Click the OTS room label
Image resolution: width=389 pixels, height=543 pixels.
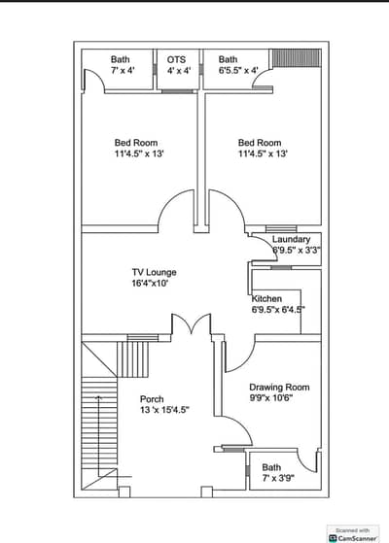point(176,59)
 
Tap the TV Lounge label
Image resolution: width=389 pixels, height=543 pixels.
point(154,272)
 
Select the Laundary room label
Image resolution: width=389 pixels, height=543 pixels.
point(291,239)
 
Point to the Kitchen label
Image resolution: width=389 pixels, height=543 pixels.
point(266,298)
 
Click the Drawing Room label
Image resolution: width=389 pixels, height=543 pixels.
point(279,388)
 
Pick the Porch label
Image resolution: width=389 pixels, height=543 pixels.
point(152,399)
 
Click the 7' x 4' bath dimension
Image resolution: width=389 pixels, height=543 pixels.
point(123,70)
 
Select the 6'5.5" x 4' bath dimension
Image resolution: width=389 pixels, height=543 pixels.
point(238,70)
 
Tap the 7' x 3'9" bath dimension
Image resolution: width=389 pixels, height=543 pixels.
point(278,478)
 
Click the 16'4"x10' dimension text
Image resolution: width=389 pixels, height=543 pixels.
point(150,284)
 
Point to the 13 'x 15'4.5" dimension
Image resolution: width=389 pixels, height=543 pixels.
point(164,410)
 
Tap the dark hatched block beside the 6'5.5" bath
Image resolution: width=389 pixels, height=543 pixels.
point(296,58)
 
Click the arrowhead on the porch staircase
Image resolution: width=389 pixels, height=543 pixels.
point(99,397)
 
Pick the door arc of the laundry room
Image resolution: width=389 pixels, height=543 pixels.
point(271,243)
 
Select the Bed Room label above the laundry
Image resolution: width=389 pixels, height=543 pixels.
point(260,143)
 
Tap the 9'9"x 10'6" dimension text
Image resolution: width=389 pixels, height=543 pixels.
point(271,398)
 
